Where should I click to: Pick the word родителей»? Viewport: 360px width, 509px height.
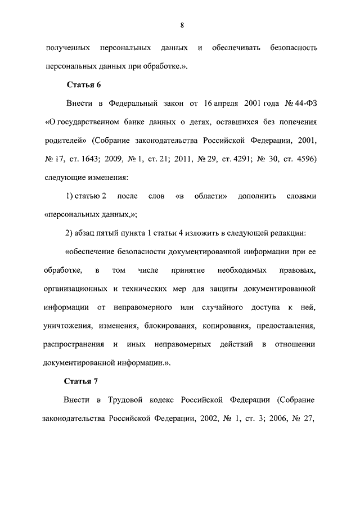click(x=64, y=140)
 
